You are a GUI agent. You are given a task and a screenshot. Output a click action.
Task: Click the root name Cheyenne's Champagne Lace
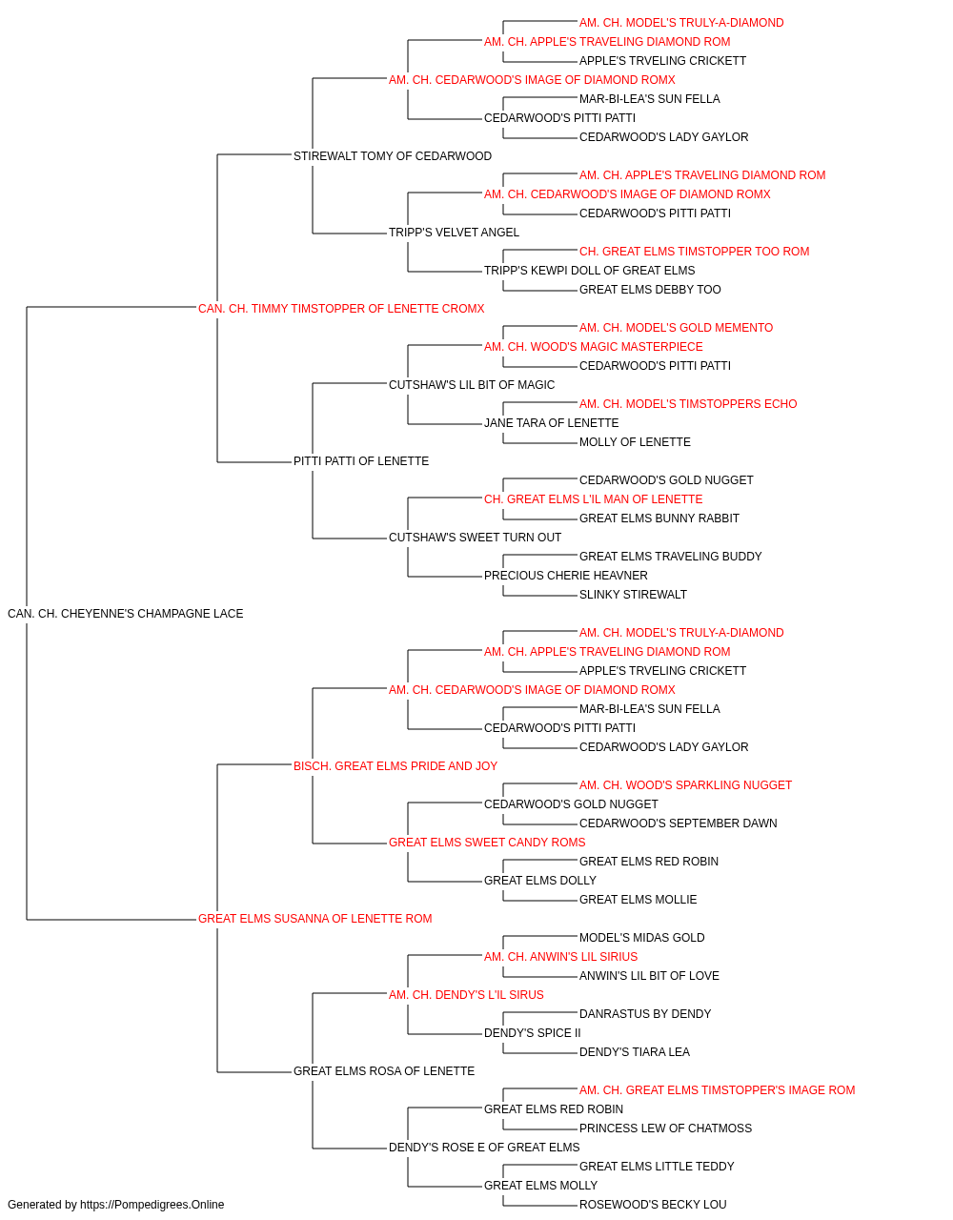(125, 614)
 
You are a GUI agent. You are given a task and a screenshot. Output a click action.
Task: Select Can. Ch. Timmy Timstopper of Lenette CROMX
(340, 309)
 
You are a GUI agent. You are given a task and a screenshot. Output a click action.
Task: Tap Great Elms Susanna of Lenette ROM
(314, 919)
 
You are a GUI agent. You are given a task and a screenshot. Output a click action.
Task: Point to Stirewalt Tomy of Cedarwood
(393, 156)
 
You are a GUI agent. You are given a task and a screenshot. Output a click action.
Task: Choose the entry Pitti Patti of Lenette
(361, 461)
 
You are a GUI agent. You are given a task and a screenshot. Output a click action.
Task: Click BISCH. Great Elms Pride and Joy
(395, 766)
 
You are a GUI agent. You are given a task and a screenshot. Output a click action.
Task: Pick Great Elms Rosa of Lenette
(384, 1071)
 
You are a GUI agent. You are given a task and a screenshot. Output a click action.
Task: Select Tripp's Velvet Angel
(454, 233)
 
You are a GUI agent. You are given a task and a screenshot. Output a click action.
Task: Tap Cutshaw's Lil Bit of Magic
(472, 385)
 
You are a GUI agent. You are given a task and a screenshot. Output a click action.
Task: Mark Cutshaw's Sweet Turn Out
(475, 538)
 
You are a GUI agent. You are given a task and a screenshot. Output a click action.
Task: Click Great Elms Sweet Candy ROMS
(487, 843)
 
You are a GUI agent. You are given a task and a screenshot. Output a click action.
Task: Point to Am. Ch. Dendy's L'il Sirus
(466, 995)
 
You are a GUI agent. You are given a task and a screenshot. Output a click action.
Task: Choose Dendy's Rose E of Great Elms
(484, 1148)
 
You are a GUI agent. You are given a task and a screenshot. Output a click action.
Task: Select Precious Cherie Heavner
(566, 576)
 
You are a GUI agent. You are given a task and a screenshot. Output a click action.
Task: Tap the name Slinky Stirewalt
(633, 595)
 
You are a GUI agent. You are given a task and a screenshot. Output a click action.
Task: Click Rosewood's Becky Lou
(653, 1205)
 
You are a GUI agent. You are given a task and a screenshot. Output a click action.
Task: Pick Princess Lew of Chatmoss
(665, 1128)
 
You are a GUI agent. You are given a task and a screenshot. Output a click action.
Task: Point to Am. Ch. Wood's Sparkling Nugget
(685, 785)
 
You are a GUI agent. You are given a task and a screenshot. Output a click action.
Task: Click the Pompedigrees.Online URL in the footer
(152, 1205)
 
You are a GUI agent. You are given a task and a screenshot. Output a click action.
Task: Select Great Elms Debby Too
(650, 290)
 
